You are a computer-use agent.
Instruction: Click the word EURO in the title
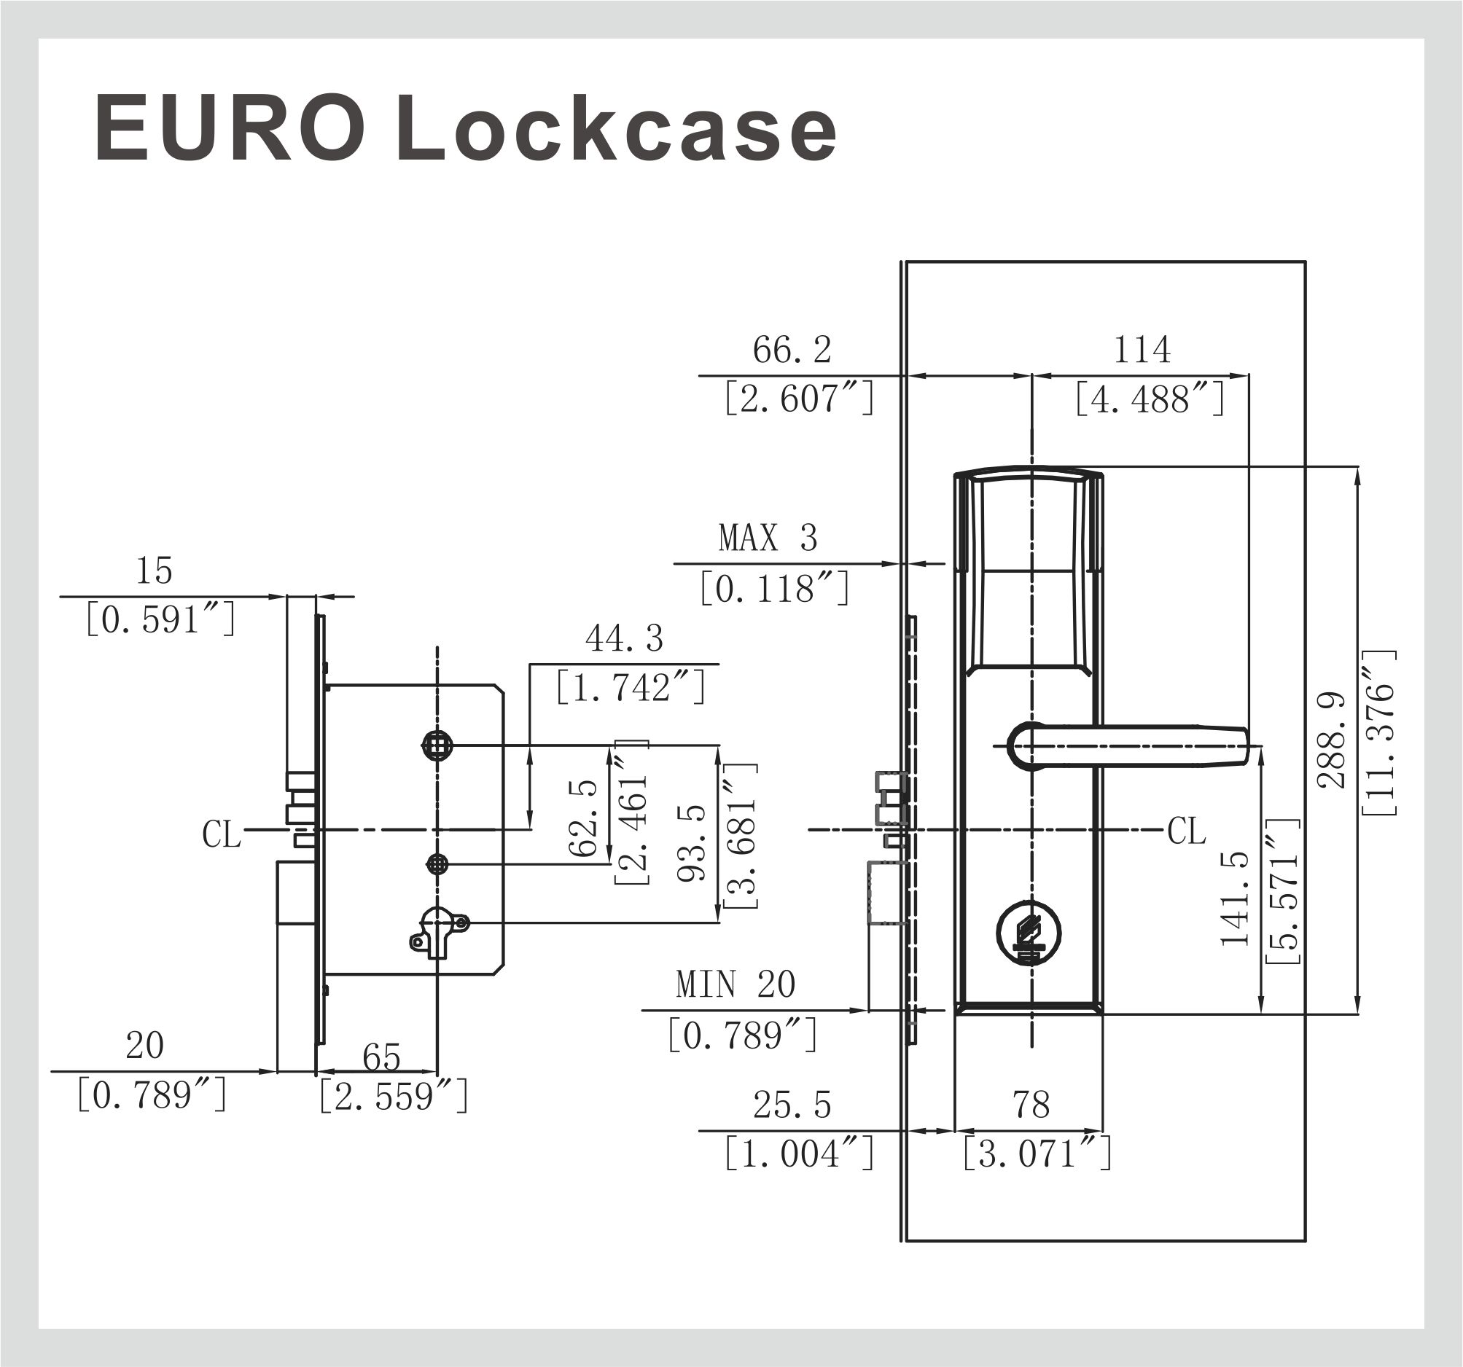coord(230,130)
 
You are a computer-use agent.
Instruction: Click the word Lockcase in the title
coord(617,130)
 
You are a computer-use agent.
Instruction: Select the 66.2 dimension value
coord(792,350)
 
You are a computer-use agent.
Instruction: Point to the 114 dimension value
coord(1142,350)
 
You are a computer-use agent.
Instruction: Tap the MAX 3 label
coord(768,538)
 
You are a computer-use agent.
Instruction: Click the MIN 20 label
coord(736,984)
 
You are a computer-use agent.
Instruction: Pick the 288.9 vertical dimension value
coord(1331,740)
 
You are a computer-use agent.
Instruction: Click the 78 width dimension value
coord(1030,1105)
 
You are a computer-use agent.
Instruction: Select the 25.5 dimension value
coord(792,1105)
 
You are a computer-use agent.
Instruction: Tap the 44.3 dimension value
coord(624,638)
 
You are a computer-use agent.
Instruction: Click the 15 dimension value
coord(154,571)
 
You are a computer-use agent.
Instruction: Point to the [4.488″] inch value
coord(1150,399)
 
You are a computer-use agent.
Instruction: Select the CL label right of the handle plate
coord(1187,831)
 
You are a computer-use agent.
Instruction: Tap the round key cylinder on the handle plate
coord(1029,933)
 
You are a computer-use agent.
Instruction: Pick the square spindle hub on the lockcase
coord(437,746)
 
